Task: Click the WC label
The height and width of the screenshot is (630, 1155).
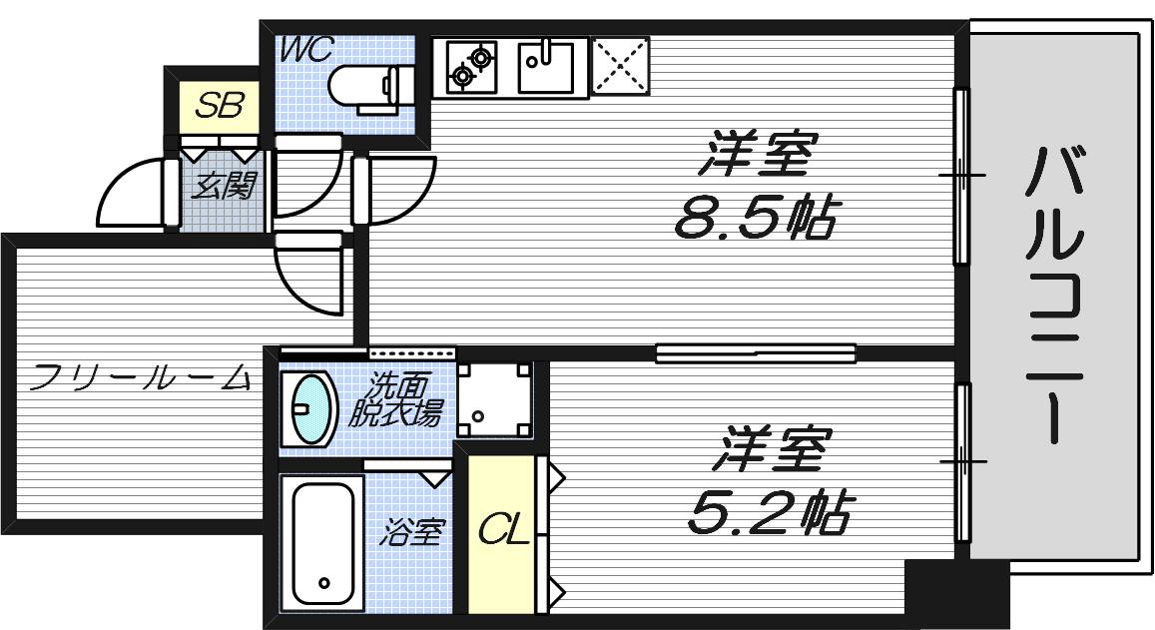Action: click(304, 50)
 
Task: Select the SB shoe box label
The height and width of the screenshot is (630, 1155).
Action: click(219, 106)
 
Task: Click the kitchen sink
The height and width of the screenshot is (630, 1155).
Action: click(546, 66)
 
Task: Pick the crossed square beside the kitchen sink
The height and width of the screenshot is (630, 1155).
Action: click(620, 66)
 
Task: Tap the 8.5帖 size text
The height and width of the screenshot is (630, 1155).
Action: click(755, 216)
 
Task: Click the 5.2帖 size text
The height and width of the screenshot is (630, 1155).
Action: click(769, 513)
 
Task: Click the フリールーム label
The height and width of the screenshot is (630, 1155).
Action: click(140, 377)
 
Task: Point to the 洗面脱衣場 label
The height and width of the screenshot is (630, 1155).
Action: click(393, 399)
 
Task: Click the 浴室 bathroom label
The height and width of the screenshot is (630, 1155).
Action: click(410, 532)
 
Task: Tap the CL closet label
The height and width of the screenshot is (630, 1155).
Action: click(502, 531)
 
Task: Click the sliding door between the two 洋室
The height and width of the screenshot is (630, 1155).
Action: click(756, 352)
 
